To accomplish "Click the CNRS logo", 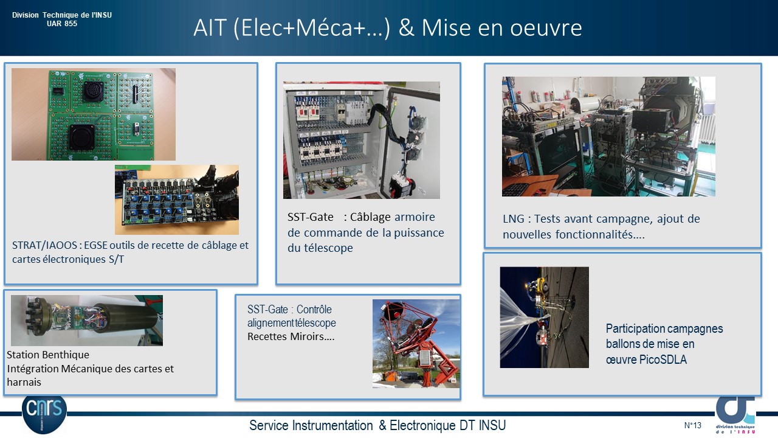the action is pyautogui.click(x=44, y=414).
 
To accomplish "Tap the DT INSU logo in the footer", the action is pyautogui.click(x=735, y=415).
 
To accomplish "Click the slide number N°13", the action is pyautogui.click(x=692, y=425).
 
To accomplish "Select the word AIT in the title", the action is pyautogui.click(x=210, y=27).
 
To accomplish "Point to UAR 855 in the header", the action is pyautogui.click(x=62, y=24).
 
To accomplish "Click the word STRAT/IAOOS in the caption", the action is pyautogui.click(x=44, y=245).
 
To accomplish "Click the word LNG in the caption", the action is pyautogui.click(x=514, y=218).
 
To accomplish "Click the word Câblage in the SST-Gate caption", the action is pyautogui.click(x=370, y=217).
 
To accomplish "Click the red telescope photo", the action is pyautogui.click(x=416, y=344).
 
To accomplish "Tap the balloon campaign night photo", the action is pyautogui.click(x=544, y=318).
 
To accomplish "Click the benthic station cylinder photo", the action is pyautogui.click(x=87, y=321).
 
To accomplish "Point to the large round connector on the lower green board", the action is pyautogui.click(x=82, y=137).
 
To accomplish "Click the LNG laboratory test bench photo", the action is pyautogui.click(x=608, y=137).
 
